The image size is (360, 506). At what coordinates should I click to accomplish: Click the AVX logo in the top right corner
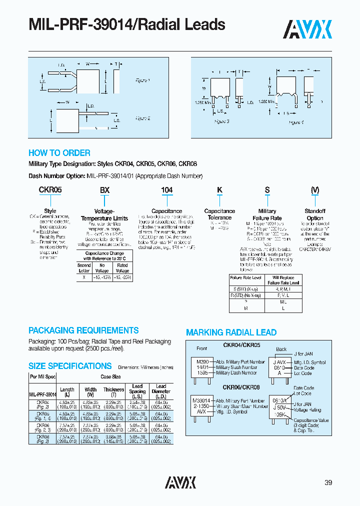(x=308, y=29)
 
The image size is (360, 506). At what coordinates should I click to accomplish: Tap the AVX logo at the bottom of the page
(x=180, y=482)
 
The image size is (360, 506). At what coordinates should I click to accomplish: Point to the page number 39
(x=328, y=482)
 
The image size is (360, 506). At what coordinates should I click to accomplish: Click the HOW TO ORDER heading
(x=59, y=153)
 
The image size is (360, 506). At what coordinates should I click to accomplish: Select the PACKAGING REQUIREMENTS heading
(x=83, y=330)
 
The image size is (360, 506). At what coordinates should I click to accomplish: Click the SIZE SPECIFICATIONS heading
(x=70, y=366)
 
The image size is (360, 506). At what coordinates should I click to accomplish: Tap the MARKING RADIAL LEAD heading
(x=231, y=332)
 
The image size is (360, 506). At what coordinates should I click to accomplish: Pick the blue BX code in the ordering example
(x=104, y=190)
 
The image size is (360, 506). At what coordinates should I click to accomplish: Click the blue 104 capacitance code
(x=166, y=190)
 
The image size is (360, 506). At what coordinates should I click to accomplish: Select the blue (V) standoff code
(x=314, y=190)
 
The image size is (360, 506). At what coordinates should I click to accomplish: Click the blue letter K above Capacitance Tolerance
(x=219, y=190)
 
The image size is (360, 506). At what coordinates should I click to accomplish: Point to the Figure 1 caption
(x=142, y=80)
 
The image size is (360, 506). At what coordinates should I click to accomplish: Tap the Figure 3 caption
(x=221, y=121)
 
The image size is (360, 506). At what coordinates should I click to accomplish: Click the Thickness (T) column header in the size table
(x=113, y=392)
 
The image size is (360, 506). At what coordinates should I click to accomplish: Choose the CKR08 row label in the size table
(x=43, y=436)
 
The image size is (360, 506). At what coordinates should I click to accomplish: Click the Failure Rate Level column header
(x=245, y=277)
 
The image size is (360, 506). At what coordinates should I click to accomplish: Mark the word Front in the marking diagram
(x=201, y=349)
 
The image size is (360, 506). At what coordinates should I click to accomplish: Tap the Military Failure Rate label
(x=267, y=214)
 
